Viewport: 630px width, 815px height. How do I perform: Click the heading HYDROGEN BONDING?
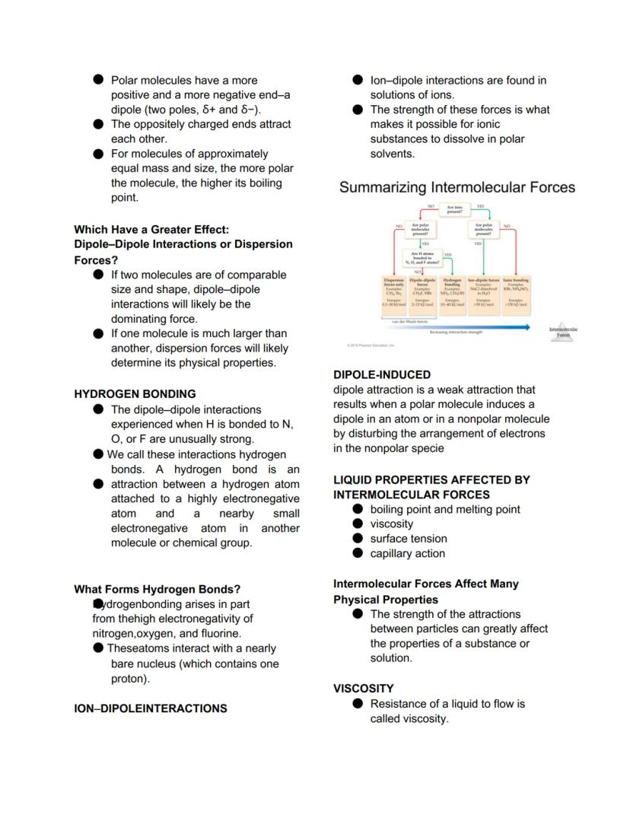(x=135, y=394)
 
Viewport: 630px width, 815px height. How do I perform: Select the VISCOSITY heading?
(x=363, y=688)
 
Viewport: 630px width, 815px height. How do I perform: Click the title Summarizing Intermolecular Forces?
(x=457, y=187)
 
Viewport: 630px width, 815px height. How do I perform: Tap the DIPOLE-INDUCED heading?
(x=381, y=374)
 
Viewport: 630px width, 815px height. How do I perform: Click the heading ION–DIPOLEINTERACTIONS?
(x=150, y=708)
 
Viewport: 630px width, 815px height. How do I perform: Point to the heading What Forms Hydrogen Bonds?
(x=157, y=589)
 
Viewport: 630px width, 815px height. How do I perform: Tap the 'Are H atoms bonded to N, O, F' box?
(x=422, y=258)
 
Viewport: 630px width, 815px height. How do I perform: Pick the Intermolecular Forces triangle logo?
(x=563, y=333)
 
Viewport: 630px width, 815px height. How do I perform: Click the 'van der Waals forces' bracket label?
(x=409, y=322)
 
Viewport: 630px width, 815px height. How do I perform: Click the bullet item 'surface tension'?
(x=409, y=539)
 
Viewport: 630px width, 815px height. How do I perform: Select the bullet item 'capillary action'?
(x=407, y=553)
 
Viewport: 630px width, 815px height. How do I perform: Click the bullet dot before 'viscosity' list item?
(x=358, y=524)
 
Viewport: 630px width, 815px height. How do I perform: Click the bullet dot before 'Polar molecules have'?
(x=98, y=80)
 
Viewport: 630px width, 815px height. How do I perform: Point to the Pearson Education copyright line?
(x=371, y=345)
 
